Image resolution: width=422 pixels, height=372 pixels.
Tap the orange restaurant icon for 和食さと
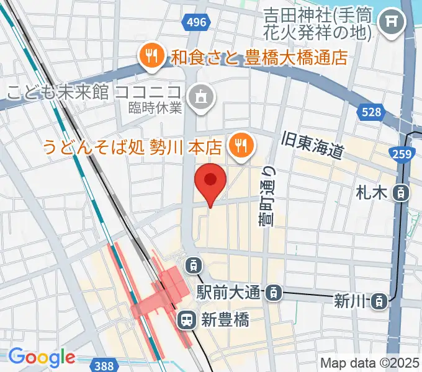point(151,57)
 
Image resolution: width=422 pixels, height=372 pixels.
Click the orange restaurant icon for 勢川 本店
point(239,146)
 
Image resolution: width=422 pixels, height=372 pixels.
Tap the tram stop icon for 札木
point(401,193)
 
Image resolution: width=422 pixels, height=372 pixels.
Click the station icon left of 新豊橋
point(186,320)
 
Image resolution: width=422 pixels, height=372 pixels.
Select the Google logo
point(41,358)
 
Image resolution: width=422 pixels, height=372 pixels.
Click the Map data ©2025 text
point(370,363)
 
